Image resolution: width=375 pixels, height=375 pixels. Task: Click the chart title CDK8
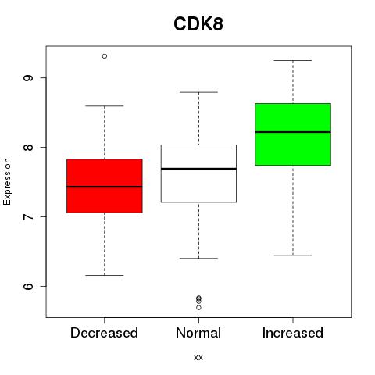[x=198, y=24]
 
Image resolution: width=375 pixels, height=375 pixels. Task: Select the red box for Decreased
[x=105, y=186]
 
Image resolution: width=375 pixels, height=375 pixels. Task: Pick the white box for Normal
[x=198, y=173]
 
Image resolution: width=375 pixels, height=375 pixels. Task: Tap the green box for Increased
[x=293, y=134]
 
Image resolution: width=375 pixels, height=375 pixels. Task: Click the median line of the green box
[x=293, y=132]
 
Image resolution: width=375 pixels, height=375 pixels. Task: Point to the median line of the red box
[x=105, y=187]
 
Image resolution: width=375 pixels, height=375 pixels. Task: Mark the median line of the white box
[x=198, y=169]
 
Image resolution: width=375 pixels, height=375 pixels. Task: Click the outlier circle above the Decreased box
[x=105, y=56]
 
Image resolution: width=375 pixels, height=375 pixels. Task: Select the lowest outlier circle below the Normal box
[x=198, y=308]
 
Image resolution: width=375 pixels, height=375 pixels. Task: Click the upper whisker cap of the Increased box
[x=293, y=60]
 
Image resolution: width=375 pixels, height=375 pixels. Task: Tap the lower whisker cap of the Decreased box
[x=105, y=275]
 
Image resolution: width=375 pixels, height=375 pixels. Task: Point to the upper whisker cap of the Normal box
[x=198, y=92]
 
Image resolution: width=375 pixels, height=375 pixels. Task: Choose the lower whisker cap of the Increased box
[x=293, y=255]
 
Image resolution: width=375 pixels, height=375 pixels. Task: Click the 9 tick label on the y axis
[x=28, y=78]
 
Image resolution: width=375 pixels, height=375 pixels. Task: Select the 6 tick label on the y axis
[x=28, y=286]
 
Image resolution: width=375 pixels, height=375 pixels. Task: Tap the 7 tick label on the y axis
[x=28, y=216]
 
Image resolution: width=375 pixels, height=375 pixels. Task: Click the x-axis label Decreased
[x=104, y=333]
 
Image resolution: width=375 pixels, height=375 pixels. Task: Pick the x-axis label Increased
[x=293, y=333]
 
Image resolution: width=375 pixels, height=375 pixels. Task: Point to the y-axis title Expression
[x=7, y=181]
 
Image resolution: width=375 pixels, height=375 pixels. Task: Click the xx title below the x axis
[x=198, y=358]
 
